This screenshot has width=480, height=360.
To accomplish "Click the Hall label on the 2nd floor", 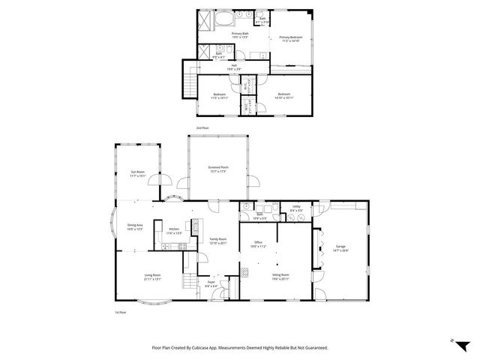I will (235, 66).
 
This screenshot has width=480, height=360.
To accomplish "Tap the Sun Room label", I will (137, 174).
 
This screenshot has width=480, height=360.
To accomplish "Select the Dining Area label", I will (135, 227).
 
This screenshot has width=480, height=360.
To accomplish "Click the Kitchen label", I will (174, 230).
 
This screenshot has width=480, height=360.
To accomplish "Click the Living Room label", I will (153, 277).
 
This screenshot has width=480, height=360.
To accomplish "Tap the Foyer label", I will (211, 283).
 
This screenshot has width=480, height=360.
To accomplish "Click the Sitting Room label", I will (280, 277).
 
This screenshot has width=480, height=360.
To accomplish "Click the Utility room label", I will (296, 208).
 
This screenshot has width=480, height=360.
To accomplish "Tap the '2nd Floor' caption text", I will (202, 128).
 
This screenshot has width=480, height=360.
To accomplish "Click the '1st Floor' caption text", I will (120, 311).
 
